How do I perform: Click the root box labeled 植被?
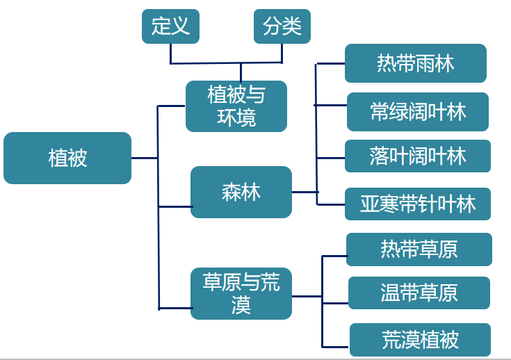pos(67,158)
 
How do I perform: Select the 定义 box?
pos(170,26)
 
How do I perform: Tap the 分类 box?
pos(282,26)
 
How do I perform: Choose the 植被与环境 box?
pos(236,106)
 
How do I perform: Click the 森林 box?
pos(241,192)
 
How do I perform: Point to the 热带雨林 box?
pos(415,63)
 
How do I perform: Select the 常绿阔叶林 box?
pos(418,112)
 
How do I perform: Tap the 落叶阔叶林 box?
pos(418,156)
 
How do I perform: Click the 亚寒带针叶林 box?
pos(418,204)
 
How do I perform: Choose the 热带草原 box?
pos(419,249)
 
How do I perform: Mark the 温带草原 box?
pos(419,293)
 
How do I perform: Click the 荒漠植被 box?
pos(420,340)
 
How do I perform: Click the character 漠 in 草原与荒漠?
pos(241,306)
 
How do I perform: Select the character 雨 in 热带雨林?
pos(425,63)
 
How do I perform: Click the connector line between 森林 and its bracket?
pos(305,192)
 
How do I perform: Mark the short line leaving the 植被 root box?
pos(144,158)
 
